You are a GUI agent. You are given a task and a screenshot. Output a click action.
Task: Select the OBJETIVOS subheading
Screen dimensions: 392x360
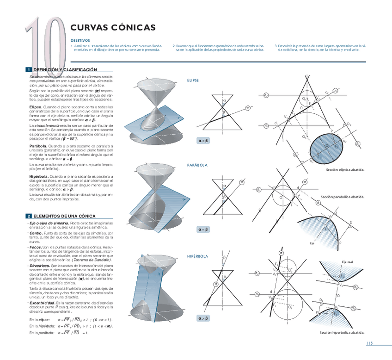click(x=80, y=40)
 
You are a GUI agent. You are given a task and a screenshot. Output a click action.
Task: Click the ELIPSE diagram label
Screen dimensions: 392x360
click(x=193, y=81)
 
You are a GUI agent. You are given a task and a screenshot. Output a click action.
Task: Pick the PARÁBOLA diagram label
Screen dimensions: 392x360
click(x=197, y=165)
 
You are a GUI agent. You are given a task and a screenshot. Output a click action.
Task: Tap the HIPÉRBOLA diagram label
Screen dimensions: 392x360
click(x=197, y=256)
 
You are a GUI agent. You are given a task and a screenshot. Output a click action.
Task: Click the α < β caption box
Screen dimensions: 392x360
click(x=203, y=140)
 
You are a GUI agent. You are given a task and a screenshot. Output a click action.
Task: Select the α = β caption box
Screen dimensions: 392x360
click(x=203, y=229)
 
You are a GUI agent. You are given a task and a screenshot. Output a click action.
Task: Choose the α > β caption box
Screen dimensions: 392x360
click(x=203, y=318)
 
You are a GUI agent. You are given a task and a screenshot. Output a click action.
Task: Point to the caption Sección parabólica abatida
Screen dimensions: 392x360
click(x=343, y=197)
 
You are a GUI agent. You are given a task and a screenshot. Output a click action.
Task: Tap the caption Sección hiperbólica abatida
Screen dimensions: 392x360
click(x=342, y=332)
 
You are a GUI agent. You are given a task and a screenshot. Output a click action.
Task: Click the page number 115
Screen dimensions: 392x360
click(x=369, y=343)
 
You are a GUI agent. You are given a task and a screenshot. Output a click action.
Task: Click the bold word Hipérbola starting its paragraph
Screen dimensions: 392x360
click(x=38, y=177)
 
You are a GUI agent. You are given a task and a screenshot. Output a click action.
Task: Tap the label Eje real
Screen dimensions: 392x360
click(x=348, y=262)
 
